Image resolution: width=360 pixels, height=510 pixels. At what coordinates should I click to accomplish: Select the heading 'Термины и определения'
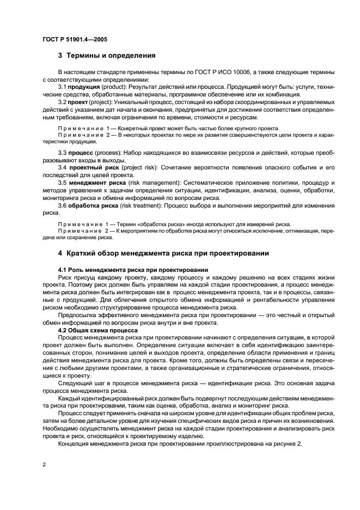(x=111, y=55)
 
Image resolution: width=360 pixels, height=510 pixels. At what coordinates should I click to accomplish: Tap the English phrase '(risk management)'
(x=155, y=183)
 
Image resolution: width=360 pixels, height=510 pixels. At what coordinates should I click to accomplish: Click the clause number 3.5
(x=62, y=183)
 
